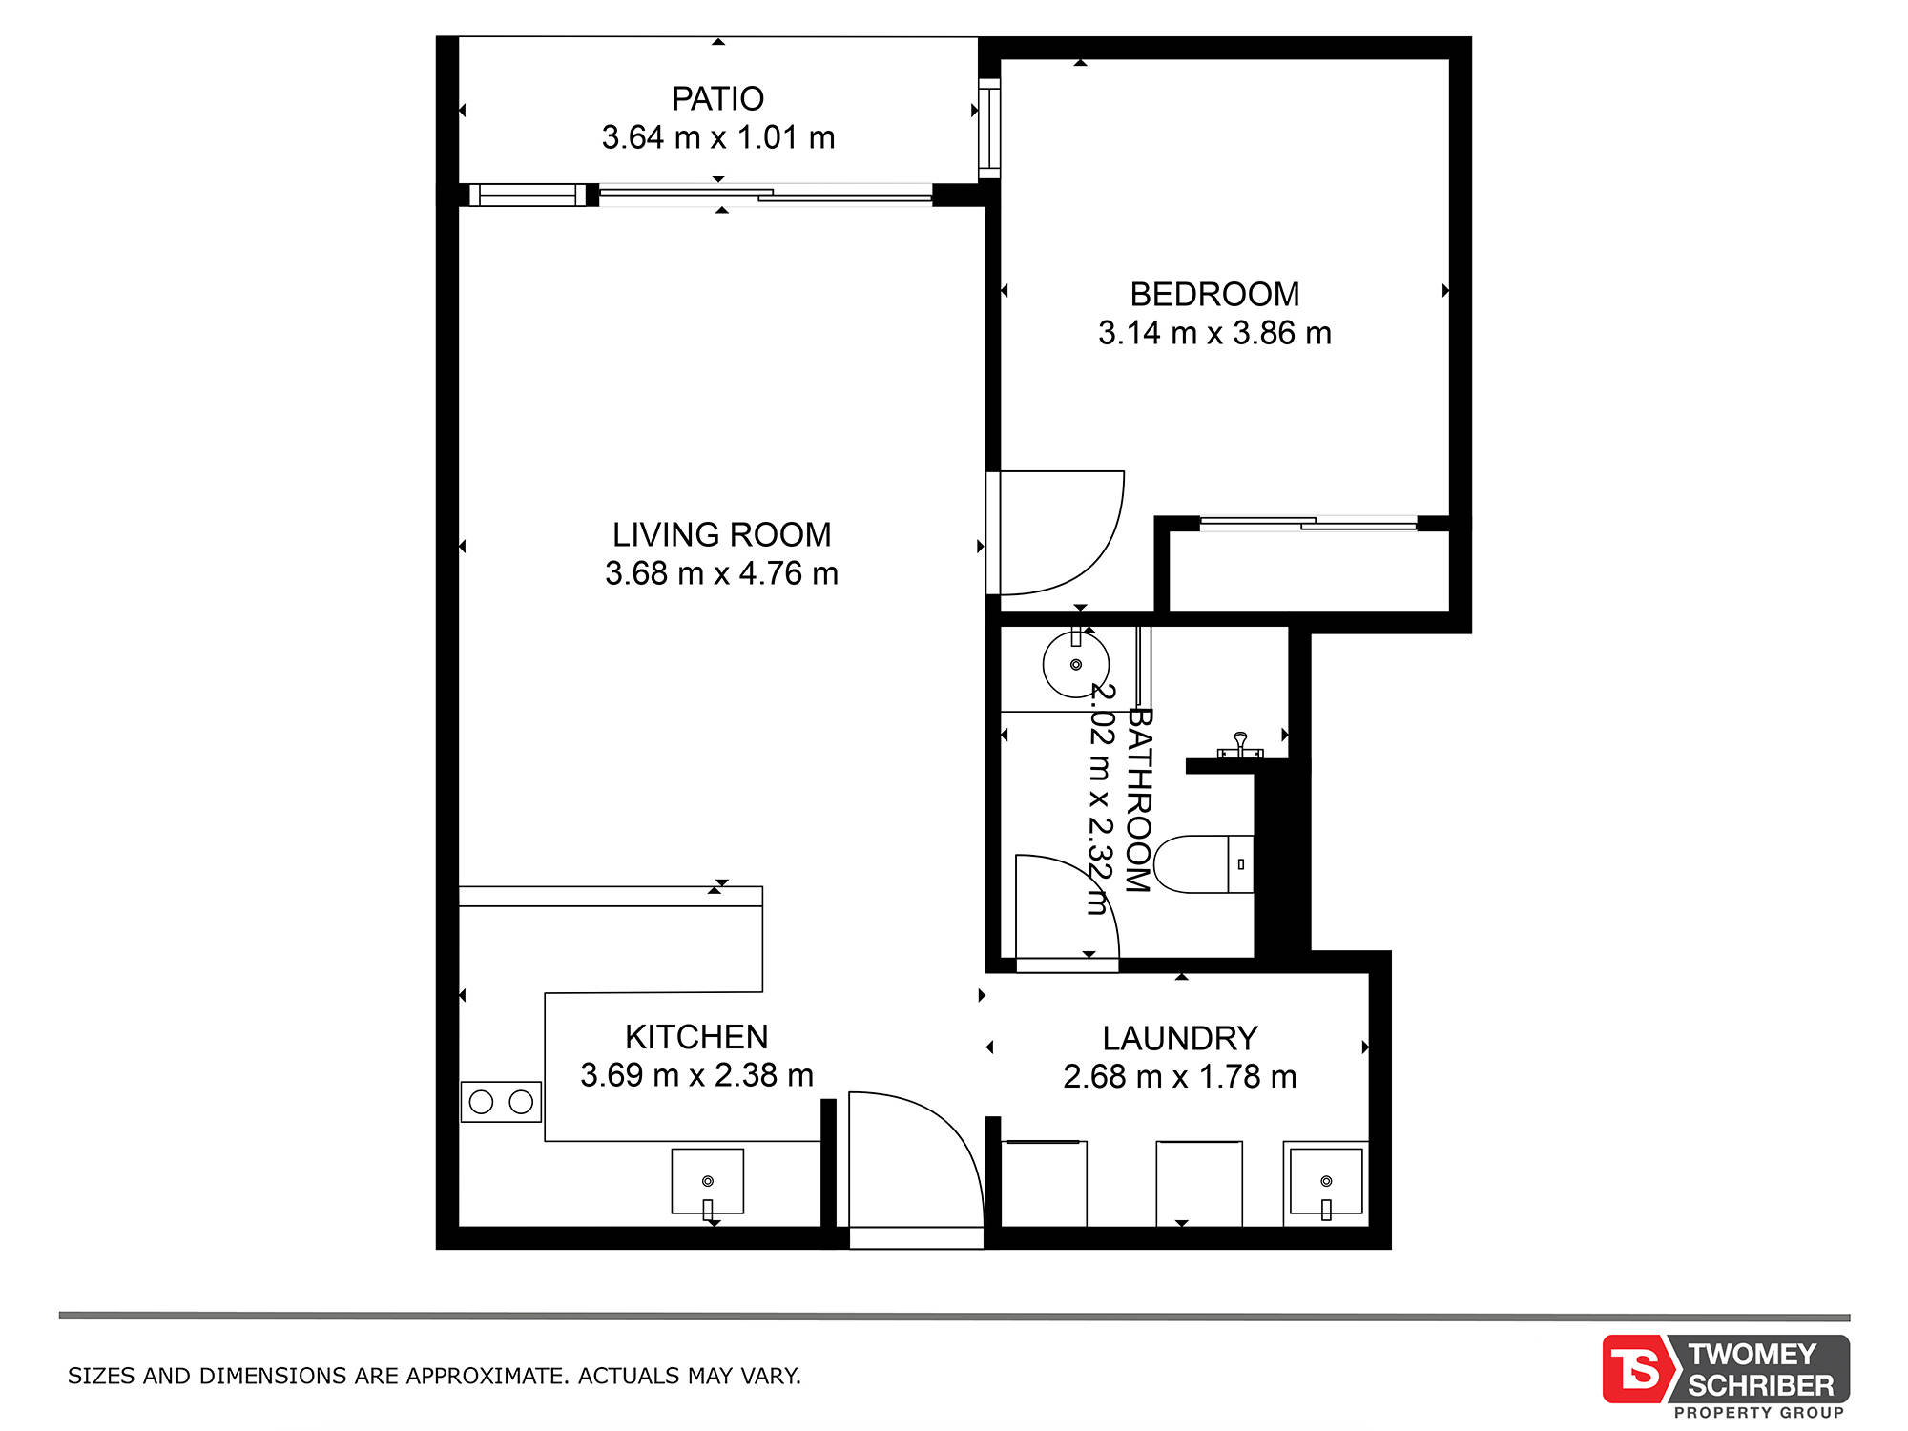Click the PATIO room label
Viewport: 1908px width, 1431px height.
(x=717, y=99)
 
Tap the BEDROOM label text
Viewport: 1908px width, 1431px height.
(x=1214, y=294)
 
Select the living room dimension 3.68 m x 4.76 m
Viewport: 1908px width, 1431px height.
(x=721, y=573)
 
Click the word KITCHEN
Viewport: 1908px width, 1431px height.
(x=696, y=1037)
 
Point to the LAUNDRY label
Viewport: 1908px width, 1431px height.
(x=1180, y=1038)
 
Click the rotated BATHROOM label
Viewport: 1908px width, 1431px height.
(x=1139, y=799)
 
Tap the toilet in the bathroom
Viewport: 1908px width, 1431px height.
(x=1203, y=864)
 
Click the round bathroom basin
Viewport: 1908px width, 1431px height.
(x=1076, y=664)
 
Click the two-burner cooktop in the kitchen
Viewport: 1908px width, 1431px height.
(x=501, y=1102)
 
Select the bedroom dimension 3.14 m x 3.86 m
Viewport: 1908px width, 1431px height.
(x=1214, y=333)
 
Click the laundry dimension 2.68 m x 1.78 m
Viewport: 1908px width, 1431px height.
(x=1180, y=1077)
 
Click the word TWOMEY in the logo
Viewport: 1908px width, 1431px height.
(x=1752, y=1354)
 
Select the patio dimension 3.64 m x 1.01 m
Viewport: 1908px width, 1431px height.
(x=718, y=137)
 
